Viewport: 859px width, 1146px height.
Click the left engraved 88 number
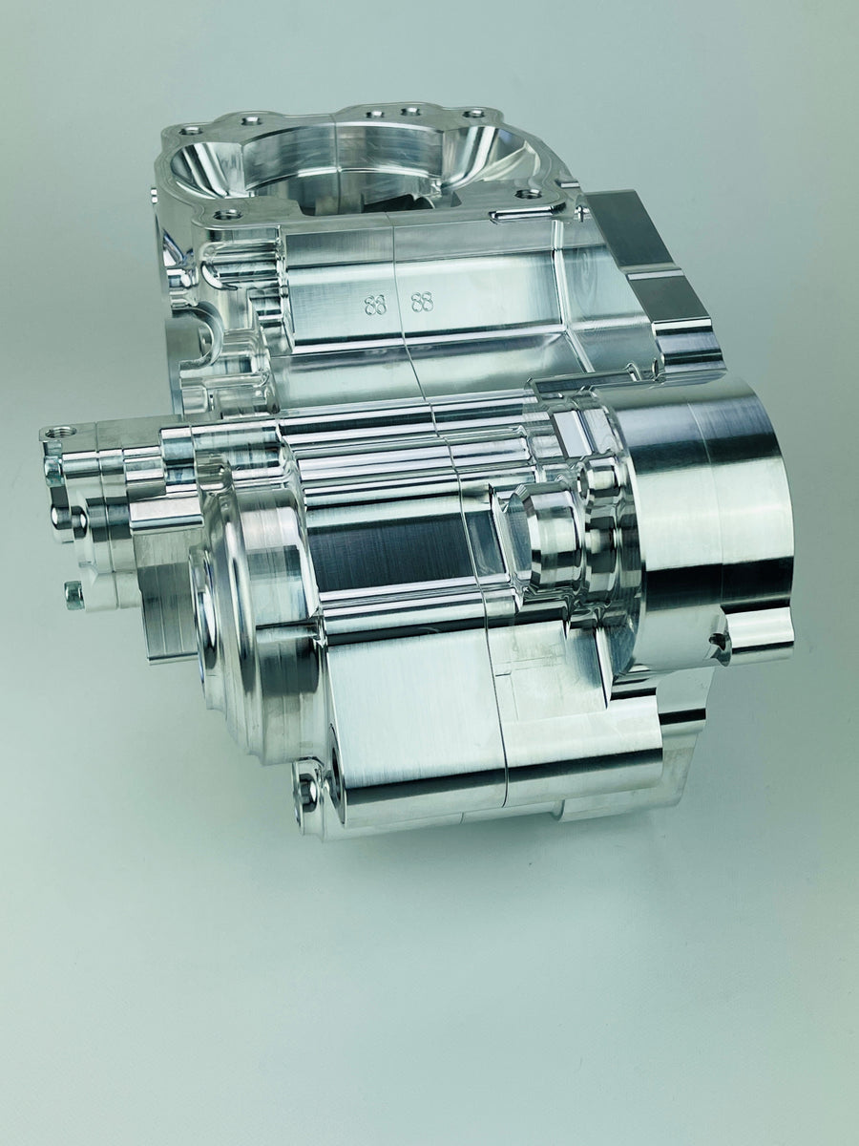(x=376, y=306)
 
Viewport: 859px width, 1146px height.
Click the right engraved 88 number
(x=422, y=303)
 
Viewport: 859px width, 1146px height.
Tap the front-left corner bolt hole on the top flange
(x=226, y=215)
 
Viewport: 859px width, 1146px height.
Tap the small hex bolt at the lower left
(x=73, y=595)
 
